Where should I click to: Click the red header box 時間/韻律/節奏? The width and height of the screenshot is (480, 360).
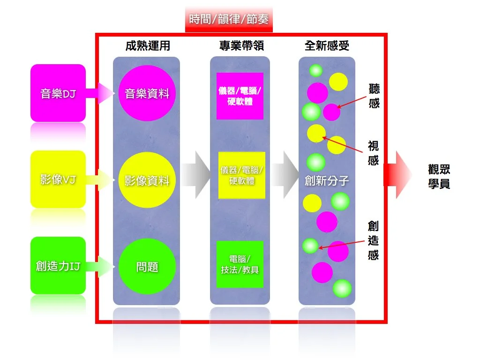(229, 19)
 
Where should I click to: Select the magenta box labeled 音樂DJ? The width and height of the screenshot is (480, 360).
(58, 93)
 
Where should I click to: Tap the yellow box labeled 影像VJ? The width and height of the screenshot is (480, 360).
(58, 180)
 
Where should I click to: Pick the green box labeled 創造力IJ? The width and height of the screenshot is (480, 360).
(58, 266)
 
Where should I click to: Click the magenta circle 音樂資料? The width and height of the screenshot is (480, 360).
(147, 93)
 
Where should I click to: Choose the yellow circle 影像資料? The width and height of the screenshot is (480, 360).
(147, 180)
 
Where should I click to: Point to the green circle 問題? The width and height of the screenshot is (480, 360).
(147, 266)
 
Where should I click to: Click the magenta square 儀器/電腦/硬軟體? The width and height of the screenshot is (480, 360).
(240, 96)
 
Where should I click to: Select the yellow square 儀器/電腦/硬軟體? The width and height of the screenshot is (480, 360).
(241, 175)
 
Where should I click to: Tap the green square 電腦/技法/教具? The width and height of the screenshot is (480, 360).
(240, 264)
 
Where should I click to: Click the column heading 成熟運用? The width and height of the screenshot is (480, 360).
(148, 46)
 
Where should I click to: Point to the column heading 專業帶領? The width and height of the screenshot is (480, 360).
(241, 46)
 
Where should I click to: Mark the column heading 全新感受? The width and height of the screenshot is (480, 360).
(327, 46)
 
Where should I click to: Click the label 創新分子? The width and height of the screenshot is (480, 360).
(327, 180)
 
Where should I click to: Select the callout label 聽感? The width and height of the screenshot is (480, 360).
(374, 96)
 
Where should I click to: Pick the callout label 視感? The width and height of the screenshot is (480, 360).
(374, 153)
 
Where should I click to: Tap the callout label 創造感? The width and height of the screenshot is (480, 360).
(374, 240)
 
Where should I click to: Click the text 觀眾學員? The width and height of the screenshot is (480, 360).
(439, 176)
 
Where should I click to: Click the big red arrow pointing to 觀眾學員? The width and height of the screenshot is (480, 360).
(398, 175)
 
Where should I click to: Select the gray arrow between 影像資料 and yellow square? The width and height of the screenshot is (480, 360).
(196, 175)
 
